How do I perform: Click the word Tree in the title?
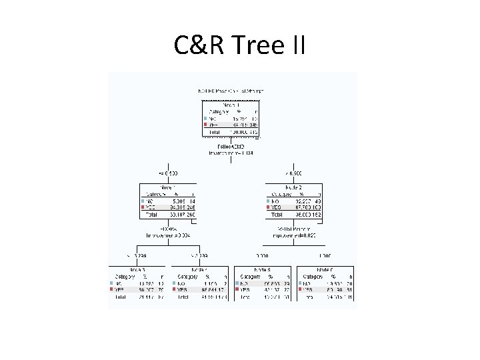pos(252,45)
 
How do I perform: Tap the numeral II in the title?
pos(297,45)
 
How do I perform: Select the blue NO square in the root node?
pos(206,118)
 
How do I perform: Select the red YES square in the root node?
pos(206,125)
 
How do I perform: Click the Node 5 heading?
pos(263,269)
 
